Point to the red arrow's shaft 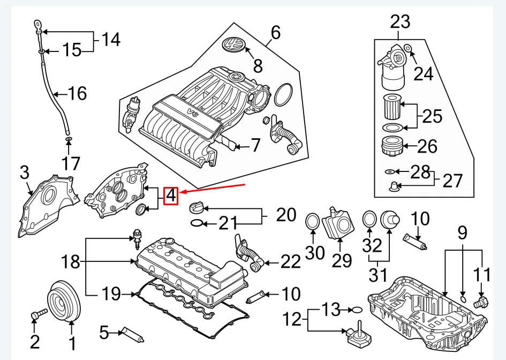(214, 189)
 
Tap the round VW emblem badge (233, 47)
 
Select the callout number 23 (400, 21)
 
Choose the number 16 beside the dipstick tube (77, 94)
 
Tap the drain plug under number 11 (480, 304)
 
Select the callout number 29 (341, 260)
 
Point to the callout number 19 (111, 294)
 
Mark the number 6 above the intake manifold (275, 33)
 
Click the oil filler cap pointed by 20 (197, 207)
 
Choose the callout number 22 (291, 262)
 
